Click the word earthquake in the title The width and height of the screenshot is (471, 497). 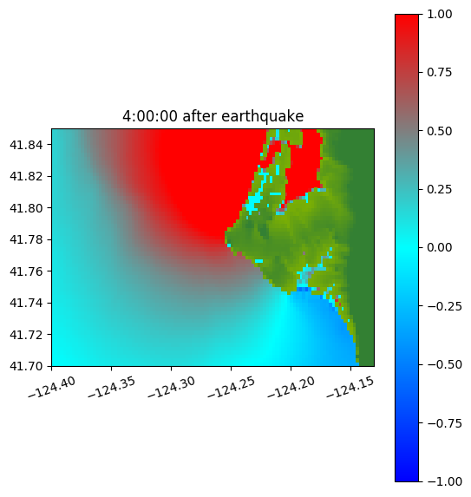coord(263,116)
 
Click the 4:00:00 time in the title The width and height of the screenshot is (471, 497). coord(150,116)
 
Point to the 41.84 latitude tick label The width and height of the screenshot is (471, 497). coord(26,145)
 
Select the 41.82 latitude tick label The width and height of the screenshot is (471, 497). coord(26,176)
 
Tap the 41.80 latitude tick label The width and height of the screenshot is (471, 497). coord(26,208)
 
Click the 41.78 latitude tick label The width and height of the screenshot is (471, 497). coord(26,239)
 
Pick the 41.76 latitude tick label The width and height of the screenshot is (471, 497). coord(26,271)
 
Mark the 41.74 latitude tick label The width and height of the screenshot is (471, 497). coord(26,303)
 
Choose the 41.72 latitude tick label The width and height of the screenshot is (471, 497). coord(26,335)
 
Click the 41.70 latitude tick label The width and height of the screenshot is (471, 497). coord(26,366)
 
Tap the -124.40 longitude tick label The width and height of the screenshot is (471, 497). coord(52,388)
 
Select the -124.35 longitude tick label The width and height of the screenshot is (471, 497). coord(112,388)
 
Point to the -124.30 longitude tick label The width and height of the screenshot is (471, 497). coord(172,388)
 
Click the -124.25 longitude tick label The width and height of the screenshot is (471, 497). coord(231,388)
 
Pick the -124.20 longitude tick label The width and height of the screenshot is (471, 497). coord(291,388)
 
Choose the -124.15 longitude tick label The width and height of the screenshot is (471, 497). coord(350,388)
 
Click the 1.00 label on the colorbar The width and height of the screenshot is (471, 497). coord(439,14)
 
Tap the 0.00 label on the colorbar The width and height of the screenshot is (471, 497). coord(439,247)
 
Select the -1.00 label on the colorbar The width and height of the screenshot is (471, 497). coord(444,481)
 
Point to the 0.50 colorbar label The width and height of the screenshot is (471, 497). coord(439,131)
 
